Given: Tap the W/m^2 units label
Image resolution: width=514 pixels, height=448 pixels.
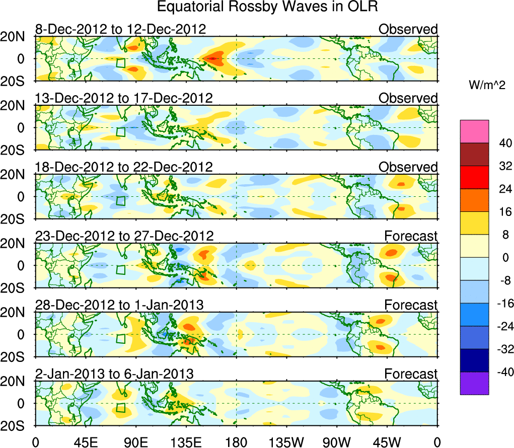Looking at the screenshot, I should pyautogui.click(x=487, y=86).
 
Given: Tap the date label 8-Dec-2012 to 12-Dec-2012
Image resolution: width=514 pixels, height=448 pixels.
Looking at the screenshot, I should pyautogui.click(x=120, y=29).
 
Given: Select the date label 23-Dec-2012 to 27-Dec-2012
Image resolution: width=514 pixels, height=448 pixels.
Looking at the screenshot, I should pyautogui.click(x=124, y=236).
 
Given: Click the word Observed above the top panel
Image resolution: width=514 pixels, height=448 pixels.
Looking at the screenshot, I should pyautogui.click(x=408, y=29).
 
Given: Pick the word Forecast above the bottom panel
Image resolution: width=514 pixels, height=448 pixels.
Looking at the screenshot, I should pyautogui.click(x=411, y=374).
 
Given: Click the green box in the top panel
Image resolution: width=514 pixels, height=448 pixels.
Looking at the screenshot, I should pyautogui.click(x=120, y=63).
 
